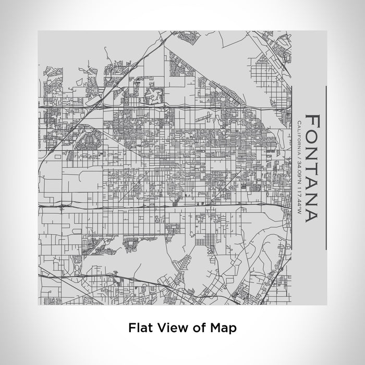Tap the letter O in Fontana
click(312, 136)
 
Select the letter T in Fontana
click(312, 165)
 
